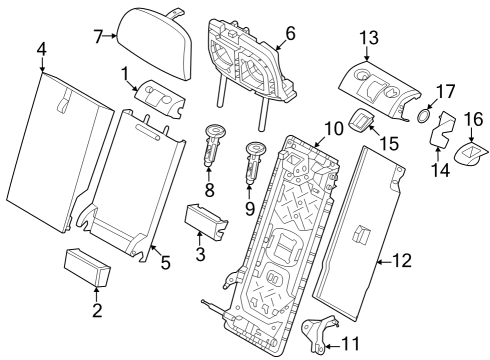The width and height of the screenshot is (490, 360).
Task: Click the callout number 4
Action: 41,49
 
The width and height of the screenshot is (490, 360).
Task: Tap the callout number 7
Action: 99,38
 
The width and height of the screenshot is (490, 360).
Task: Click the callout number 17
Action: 445,90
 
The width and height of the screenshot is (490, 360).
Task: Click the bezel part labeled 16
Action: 468,153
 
